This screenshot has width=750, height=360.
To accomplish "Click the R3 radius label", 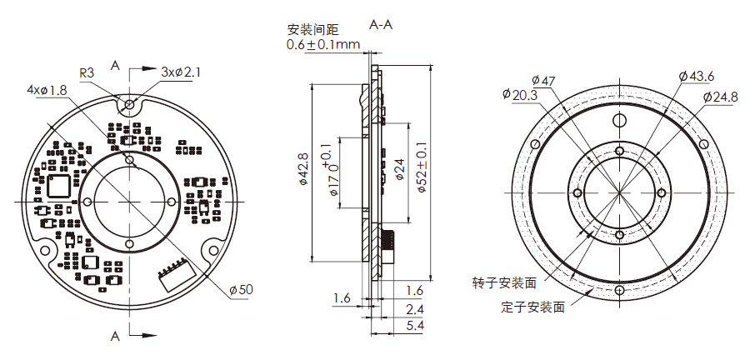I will tap(87, 72).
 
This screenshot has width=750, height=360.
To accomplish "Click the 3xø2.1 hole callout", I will tap(181, 72).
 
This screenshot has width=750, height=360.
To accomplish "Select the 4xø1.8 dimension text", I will tap(47, 89).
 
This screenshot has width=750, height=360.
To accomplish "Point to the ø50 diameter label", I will tap(240, 289).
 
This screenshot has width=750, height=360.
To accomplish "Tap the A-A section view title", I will tap(380, 25).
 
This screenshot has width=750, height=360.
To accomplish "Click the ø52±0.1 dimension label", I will tap(422, 172).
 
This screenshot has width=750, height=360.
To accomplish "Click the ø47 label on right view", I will tap(543, 81).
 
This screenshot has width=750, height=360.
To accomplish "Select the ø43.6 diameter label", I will tap(697, 76).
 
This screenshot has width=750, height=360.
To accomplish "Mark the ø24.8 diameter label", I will tap(720, 97).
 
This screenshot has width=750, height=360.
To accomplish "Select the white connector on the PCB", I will tap(172, 274).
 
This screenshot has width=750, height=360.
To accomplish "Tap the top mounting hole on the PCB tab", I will tap(129, 104).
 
